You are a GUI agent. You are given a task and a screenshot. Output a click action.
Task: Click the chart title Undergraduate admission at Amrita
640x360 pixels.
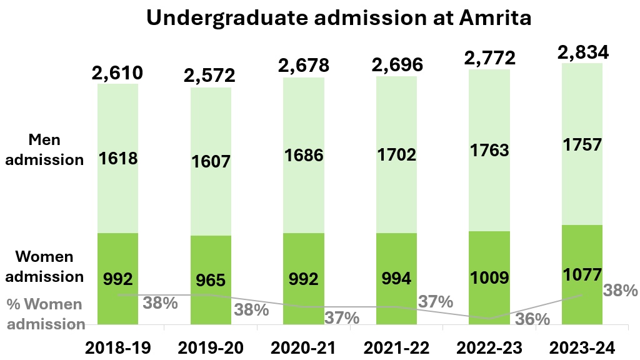339,18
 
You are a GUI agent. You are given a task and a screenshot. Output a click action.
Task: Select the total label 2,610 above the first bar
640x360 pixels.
117,73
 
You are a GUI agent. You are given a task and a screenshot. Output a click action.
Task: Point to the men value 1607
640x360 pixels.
211,161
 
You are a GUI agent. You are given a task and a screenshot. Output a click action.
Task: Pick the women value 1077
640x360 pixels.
582,274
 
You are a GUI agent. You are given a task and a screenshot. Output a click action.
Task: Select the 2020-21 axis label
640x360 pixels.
304,347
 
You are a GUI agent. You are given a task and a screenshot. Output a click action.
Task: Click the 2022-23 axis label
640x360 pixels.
489,347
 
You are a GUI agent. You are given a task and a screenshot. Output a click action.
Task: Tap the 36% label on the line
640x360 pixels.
532,319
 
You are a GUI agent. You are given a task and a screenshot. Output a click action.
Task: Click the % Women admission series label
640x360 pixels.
45,314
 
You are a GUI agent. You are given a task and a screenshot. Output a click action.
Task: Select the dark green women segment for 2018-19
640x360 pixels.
117,250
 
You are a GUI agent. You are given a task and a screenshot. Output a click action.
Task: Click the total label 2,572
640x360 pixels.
211,76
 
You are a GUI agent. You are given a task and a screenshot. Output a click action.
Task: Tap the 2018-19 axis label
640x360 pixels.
117,347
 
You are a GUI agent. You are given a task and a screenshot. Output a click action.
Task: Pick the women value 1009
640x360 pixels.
489,277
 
